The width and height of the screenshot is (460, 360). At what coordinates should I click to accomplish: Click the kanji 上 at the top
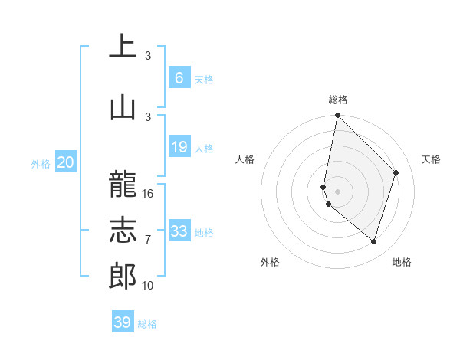point(123,46)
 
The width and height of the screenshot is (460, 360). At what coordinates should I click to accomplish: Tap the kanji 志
point(123,229)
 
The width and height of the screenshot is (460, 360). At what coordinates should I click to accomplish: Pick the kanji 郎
point(123,275)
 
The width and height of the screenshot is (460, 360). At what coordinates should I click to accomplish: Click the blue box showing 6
point(179,78)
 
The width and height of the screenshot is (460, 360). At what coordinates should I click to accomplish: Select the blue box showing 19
point(179,147)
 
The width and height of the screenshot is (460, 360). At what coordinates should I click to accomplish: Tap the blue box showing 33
point(179,231)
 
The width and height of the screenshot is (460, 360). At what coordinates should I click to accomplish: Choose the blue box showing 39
point(123,322)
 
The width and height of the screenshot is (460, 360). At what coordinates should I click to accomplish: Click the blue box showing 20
point(66,162)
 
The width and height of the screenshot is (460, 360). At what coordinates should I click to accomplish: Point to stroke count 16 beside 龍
point(148,194)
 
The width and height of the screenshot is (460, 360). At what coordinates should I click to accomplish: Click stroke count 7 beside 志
point(148,240)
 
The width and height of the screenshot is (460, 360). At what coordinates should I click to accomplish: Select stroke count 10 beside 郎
point(148,286)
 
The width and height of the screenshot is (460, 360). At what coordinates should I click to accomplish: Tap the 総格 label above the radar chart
point(338,100)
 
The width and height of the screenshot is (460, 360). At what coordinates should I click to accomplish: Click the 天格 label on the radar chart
point(431,159)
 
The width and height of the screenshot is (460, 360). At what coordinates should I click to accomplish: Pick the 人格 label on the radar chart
point(245,159)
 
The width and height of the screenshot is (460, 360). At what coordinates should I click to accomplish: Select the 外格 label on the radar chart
point(270,262)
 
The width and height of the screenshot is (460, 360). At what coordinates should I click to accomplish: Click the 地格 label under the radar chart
point(402,262)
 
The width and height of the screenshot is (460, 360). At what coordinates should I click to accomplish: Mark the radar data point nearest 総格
point(337,115)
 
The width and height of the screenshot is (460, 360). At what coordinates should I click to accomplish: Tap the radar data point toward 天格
point(396,172)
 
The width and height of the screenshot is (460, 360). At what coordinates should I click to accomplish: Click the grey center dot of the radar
point(337,191)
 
